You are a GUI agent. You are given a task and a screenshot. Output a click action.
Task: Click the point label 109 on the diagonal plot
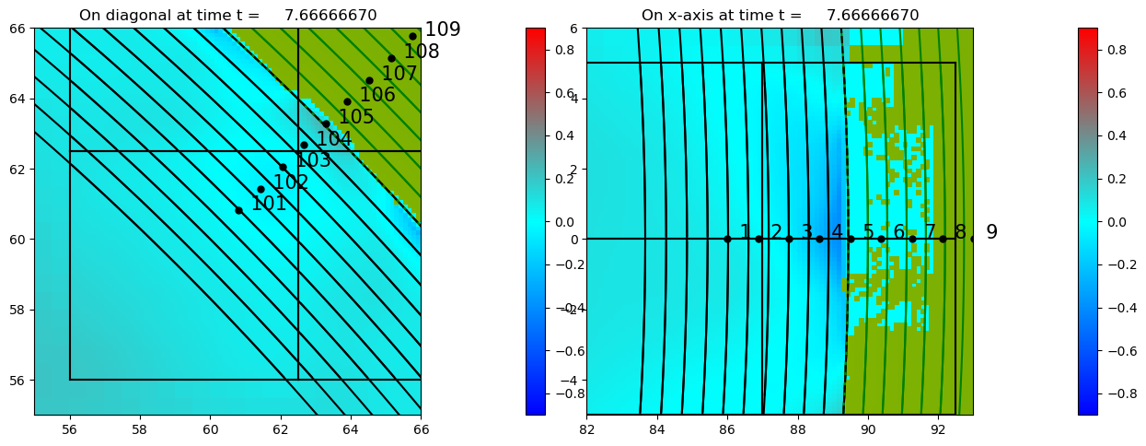(442, 29)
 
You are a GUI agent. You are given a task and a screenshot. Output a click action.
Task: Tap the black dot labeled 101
(238, 210)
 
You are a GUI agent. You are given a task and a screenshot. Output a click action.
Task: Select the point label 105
(356, 117)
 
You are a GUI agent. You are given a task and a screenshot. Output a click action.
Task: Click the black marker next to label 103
(304, 145)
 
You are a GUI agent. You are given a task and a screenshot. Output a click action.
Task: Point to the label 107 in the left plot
(399, 74)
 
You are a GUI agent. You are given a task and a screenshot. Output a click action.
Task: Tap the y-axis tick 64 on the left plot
(19, 99)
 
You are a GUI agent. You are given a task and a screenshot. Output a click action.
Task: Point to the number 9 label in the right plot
(991, 232)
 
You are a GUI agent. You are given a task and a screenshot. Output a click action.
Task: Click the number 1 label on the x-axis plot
(746, 232)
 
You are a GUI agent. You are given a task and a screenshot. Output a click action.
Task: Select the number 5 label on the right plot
(868, 232)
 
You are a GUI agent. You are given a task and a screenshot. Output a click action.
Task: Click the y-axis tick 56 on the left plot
(19, 380)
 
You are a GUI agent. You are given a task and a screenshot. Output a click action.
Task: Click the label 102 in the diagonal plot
(291, 182)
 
